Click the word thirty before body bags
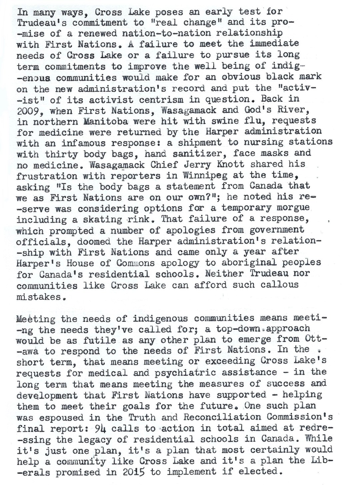coord(62,154)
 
